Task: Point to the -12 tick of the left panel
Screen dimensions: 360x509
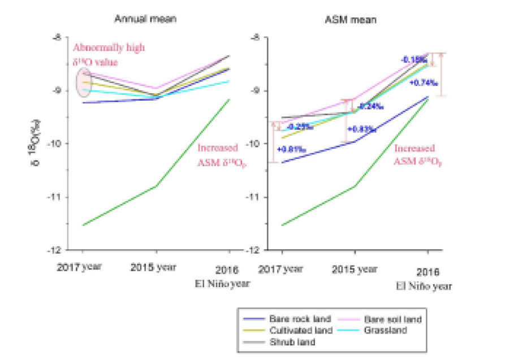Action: click(59, 250)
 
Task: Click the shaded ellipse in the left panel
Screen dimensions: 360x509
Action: click(84, 83)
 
